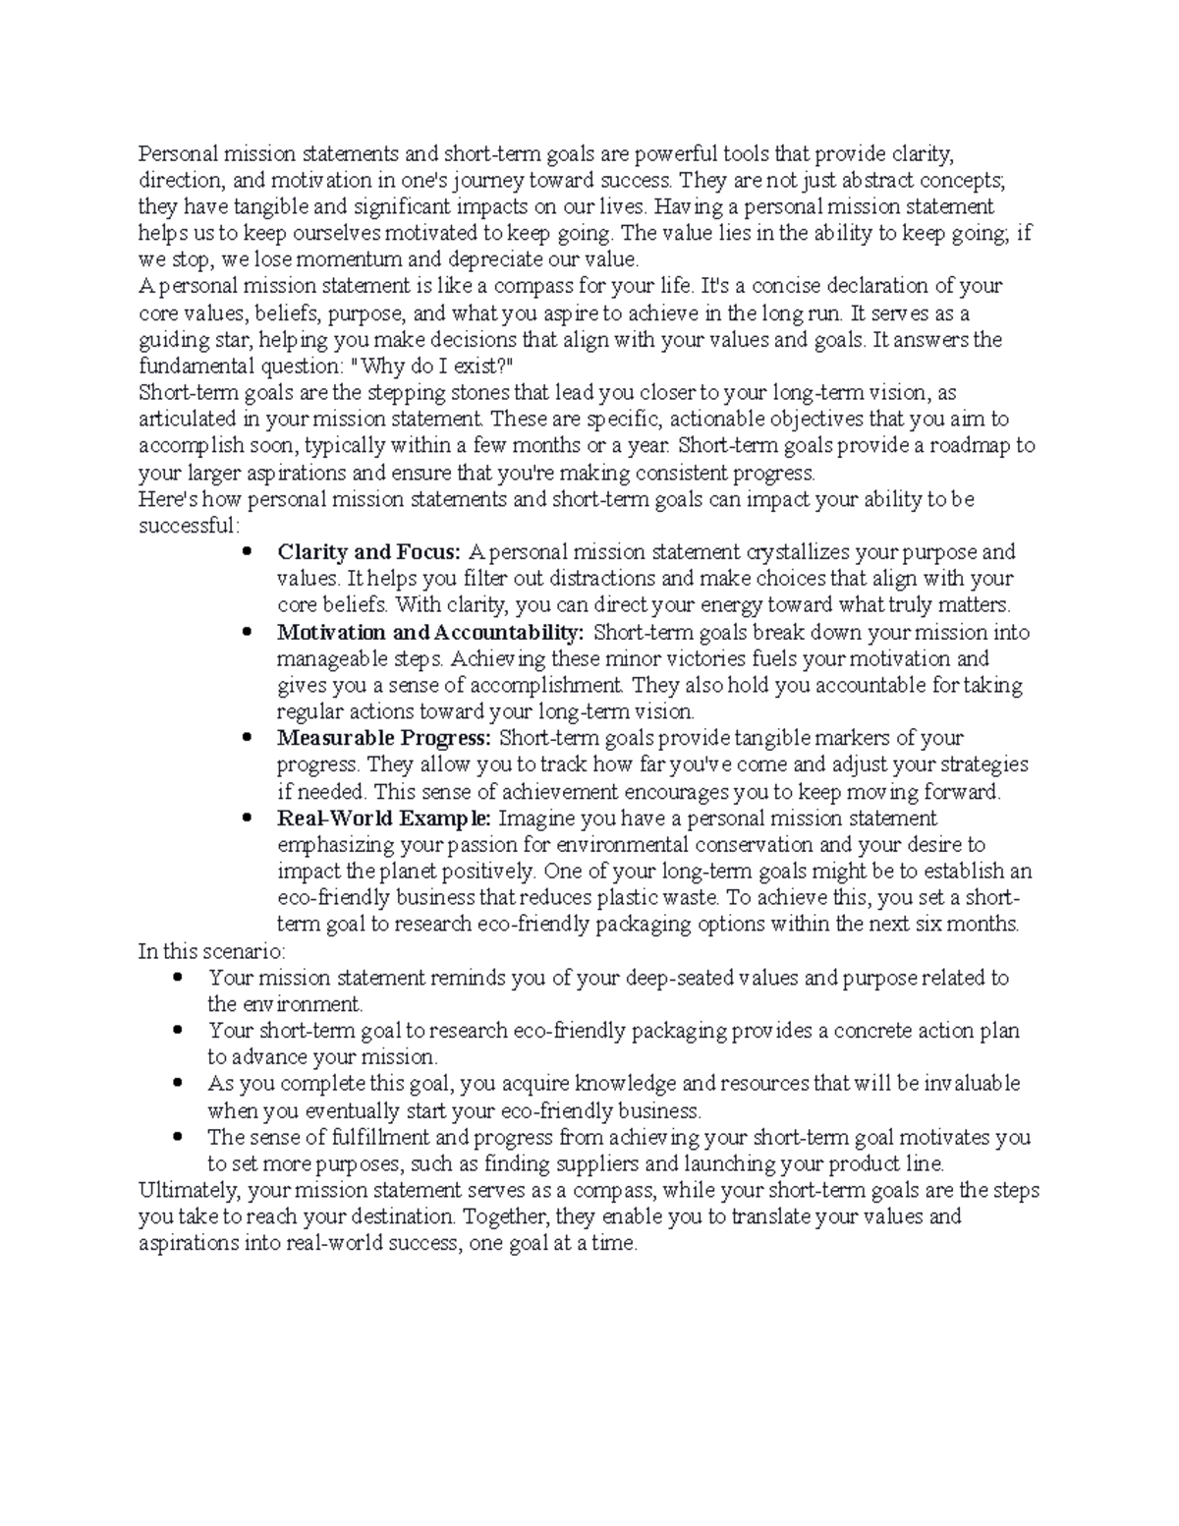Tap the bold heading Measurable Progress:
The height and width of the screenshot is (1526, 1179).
tap(384, 738)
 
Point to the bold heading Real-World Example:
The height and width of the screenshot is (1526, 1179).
tap(386, 818)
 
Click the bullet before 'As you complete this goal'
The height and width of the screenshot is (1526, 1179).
tap(177, 1084)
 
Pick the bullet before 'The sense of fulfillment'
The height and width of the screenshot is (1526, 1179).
tap(177, 1138)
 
